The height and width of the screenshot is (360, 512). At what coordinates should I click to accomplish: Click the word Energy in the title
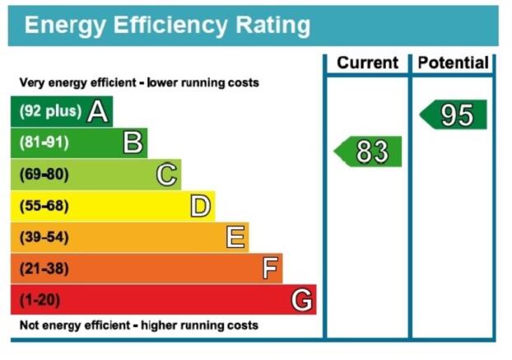(65, 26)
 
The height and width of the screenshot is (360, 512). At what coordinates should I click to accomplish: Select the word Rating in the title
(272, 26)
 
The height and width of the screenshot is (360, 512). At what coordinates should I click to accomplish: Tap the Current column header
(367, 63)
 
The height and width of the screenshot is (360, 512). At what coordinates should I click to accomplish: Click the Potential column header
(454, 63)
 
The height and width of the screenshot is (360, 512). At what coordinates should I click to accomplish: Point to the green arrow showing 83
(368, 152)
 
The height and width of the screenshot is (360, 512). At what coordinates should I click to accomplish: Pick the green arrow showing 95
(454, 115)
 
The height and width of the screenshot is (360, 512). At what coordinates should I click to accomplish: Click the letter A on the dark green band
(97, 112)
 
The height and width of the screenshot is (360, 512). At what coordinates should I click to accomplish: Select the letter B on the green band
(133, 143)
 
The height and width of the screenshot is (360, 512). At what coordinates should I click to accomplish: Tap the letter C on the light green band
(166, 175)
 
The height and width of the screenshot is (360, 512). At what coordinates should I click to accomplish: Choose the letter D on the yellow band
(201, 206)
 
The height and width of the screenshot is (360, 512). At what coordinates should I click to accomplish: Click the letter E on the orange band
(235, 237)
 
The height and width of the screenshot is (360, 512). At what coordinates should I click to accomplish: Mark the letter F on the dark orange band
(270, 269)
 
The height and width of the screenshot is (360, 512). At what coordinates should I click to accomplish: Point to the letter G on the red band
(301, 300)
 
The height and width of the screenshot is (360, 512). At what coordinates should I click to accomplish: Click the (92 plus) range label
(50, 111)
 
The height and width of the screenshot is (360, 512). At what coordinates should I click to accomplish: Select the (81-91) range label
(44, 143)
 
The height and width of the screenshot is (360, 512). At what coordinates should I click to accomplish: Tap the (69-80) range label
(44, 175)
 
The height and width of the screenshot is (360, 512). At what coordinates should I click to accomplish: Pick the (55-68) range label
(44, 206)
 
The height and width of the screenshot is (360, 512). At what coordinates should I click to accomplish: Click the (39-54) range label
(44, 237)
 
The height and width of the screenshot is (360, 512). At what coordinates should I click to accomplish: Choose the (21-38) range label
(44, 269)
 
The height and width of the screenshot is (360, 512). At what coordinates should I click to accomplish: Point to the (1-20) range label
(40, 300)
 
